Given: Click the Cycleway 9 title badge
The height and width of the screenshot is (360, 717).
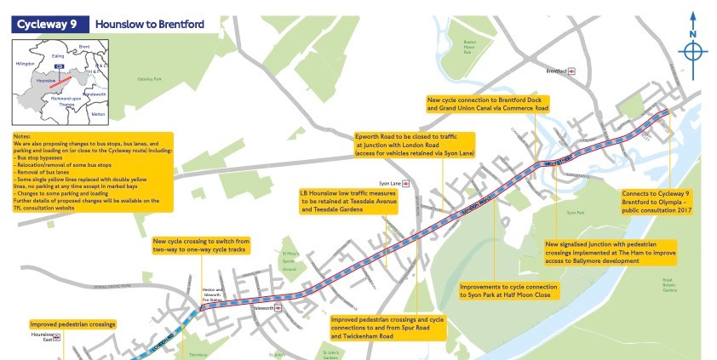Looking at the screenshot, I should pos(46,23).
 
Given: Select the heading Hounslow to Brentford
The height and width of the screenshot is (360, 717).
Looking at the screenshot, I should pos(149,24).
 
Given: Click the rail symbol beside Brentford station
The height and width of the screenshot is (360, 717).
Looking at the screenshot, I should pos(574,71).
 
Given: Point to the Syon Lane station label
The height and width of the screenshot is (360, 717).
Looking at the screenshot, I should pos(390,182).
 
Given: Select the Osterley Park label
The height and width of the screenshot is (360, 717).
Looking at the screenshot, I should pos(149,79).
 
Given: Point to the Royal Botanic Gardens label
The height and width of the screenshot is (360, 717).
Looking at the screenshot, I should pos(669,285).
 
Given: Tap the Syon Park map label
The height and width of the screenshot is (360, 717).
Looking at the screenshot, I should pos(576,212).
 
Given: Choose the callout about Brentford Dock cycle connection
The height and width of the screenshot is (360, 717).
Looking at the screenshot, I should pos(487,104).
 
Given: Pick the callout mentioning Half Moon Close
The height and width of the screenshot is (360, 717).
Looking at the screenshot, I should pos(508,290).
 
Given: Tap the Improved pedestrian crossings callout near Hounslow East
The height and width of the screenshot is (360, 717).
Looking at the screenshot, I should pos(72,324).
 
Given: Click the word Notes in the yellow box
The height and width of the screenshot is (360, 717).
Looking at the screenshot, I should pos(23,136).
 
